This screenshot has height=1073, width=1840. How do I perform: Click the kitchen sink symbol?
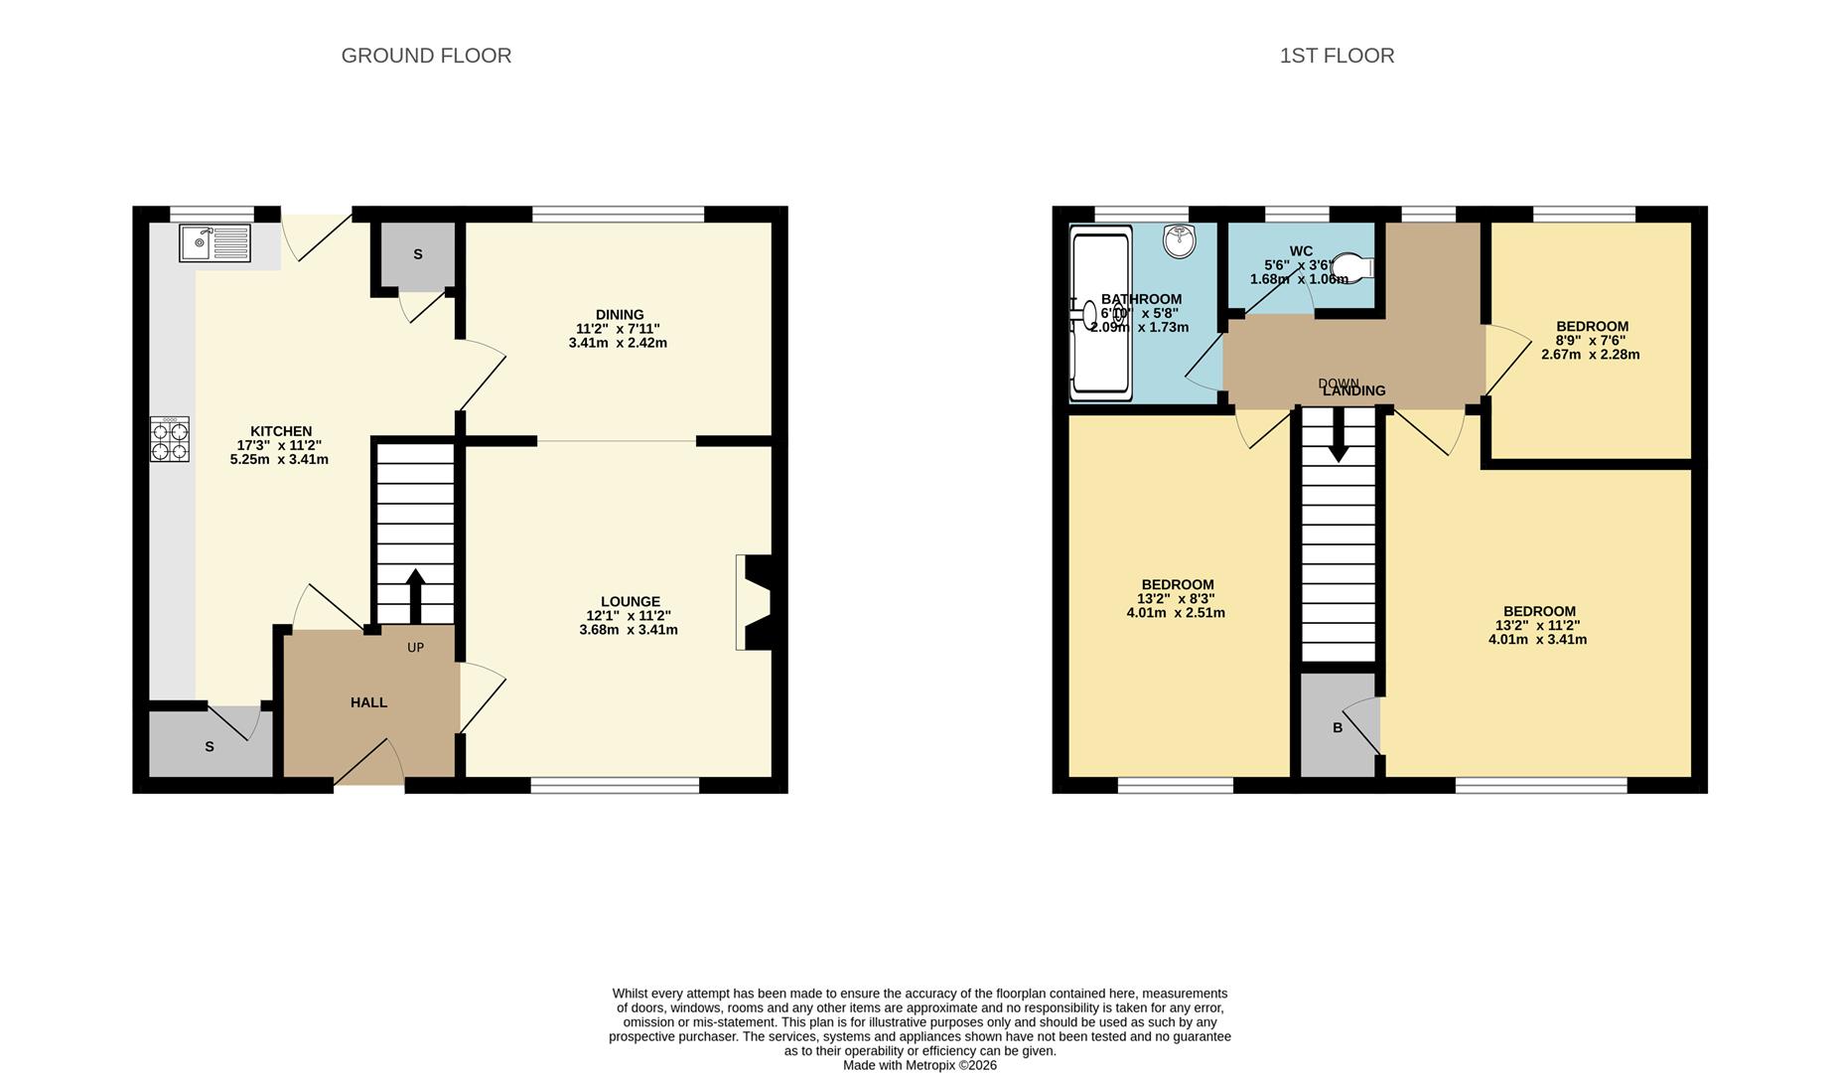click(x=214, y=243)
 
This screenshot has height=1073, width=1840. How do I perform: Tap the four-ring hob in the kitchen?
click(x=170, y=439)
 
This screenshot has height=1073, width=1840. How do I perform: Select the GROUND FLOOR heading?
click(x=426, y=56)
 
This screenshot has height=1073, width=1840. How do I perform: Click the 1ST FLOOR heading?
click(x=1337, y=56)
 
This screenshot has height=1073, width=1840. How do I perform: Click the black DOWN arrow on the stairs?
click(x=1339, y=436)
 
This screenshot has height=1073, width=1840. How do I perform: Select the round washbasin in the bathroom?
click(x=1180, y=239)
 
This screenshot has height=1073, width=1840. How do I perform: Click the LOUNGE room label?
click(x=630, y=601)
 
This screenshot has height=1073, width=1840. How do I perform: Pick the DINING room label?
click(x=620, y=314)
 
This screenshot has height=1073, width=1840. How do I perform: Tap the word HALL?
click(x=368, y=702)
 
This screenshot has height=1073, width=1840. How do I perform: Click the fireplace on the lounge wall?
click(x=757, y=602)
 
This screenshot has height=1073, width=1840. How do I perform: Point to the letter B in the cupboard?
click(x=1338, y=727)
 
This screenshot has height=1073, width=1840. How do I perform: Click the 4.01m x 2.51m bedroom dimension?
click(x=1176, y=613)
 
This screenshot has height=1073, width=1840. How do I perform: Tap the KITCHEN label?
click(x=281, y=431)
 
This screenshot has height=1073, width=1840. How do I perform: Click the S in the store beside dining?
click(x=418, y=254)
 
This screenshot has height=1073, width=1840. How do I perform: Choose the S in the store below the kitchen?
click(x=210, y=746)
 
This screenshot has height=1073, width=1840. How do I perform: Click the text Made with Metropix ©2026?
click(x=920, y=1065)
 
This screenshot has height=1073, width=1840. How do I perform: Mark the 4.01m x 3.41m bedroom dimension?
click(x=1537, y=640)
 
